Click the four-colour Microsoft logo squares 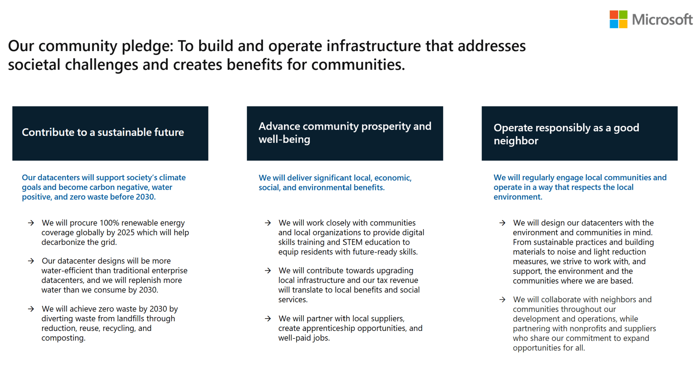point(618,19)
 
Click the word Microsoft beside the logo point(662,20)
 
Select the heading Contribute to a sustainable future point(103,132)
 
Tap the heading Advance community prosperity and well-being point(345,133)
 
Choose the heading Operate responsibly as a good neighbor point(566,134)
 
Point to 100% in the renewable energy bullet point(109,223)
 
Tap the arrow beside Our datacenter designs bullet point(31,261)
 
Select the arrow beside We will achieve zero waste point(31,309)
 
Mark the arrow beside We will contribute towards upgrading point(268,271)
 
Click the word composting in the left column point(63,338)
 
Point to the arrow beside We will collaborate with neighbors point(502,300)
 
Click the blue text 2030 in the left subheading point(145,197)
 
